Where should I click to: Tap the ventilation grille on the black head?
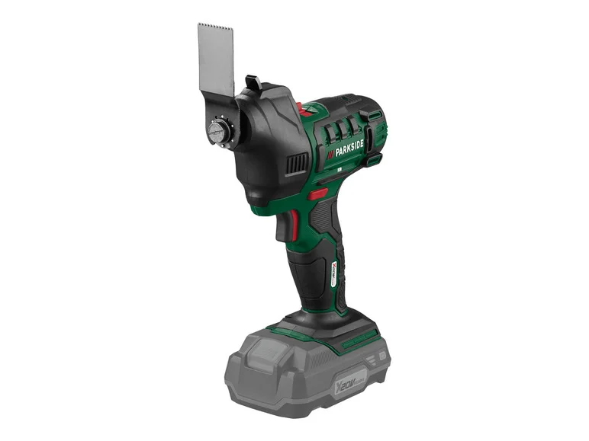[297, 164]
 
